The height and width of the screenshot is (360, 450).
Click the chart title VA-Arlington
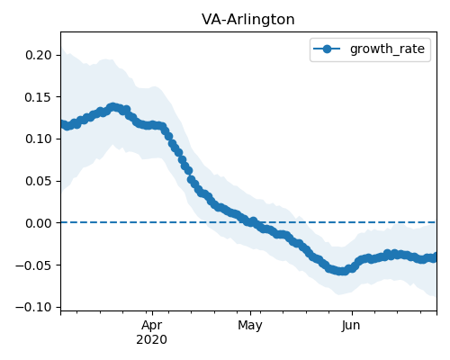(x=248, y=20)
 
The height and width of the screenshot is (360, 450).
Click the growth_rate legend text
(x=387, y=49)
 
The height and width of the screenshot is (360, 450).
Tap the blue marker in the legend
(x=327, y=49)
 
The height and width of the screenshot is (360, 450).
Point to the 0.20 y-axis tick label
(x=39, y=55)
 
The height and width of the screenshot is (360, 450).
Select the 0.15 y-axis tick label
(x=39, y=97)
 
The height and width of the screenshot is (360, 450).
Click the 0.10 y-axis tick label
(x=39, y=139)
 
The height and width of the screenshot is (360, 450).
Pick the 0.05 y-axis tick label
(x=39, y=181)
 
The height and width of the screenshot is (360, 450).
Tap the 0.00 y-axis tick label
(x=39, y=223)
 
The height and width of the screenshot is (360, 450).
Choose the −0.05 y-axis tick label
(x=33, y=265)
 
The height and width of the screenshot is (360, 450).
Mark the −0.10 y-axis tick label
(x=33, y=307)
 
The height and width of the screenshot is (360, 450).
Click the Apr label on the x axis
(x=152, y=326)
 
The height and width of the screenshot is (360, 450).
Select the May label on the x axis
(x=250, y=326)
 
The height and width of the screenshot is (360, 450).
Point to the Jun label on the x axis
(x=351, y=326)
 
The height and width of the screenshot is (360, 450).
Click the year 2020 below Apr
(x=151, y=340)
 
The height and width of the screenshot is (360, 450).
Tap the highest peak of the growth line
(x=112, y=107)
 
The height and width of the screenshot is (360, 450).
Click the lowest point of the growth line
(x=341, y=271)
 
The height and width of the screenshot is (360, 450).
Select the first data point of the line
(x=62, y=123)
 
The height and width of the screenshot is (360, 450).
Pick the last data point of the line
(x=435, y=257)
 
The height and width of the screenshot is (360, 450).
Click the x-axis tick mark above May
(x=250, y=313)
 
